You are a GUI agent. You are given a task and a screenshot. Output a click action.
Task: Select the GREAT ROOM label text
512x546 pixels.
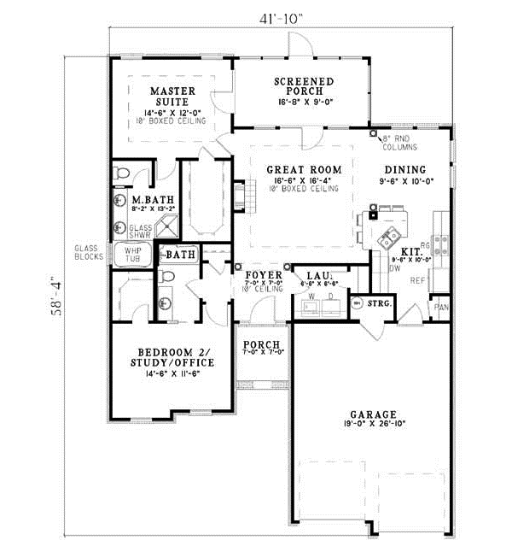tap(304, 170)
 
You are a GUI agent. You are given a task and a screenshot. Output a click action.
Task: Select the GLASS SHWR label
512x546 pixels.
tap(140, 229)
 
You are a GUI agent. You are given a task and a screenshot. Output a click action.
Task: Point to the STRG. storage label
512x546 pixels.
tap(380, 302)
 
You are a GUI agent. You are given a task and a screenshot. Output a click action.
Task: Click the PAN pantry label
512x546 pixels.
tap(440, 307)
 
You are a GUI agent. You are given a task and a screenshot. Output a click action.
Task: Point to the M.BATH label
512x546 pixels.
tap(150, 201)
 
